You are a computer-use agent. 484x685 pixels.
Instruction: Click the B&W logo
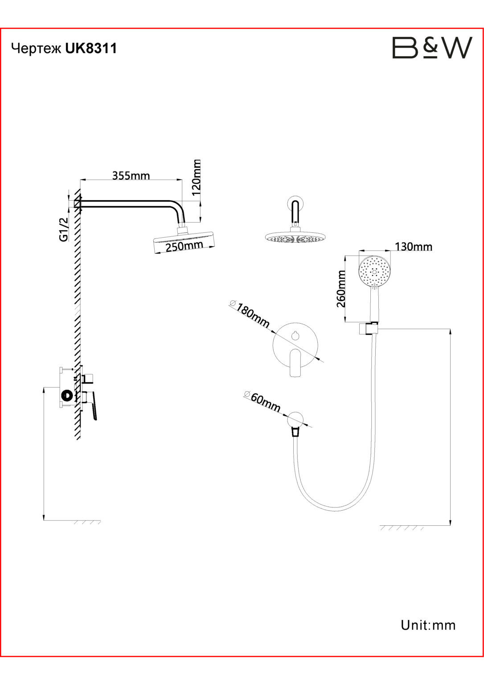point(431,48)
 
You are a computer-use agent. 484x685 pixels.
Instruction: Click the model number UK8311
point(91,48)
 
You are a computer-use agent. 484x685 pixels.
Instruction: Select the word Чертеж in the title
point(37,49)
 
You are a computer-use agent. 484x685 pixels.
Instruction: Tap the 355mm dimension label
point(131,175)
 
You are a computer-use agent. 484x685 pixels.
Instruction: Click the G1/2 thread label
point(64,229)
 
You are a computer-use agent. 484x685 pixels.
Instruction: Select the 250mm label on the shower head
point(184,246)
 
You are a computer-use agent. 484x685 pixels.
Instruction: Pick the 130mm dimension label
point(413,247)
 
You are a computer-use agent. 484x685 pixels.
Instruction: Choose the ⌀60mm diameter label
point(263,401)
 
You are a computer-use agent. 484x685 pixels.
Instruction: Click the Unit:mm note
point(428,625)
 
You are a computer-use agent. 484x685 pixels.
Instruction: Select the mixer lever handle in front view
point(295,363)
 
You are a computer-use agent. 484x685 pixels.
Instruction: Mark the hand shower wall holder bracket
point(369,328)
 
